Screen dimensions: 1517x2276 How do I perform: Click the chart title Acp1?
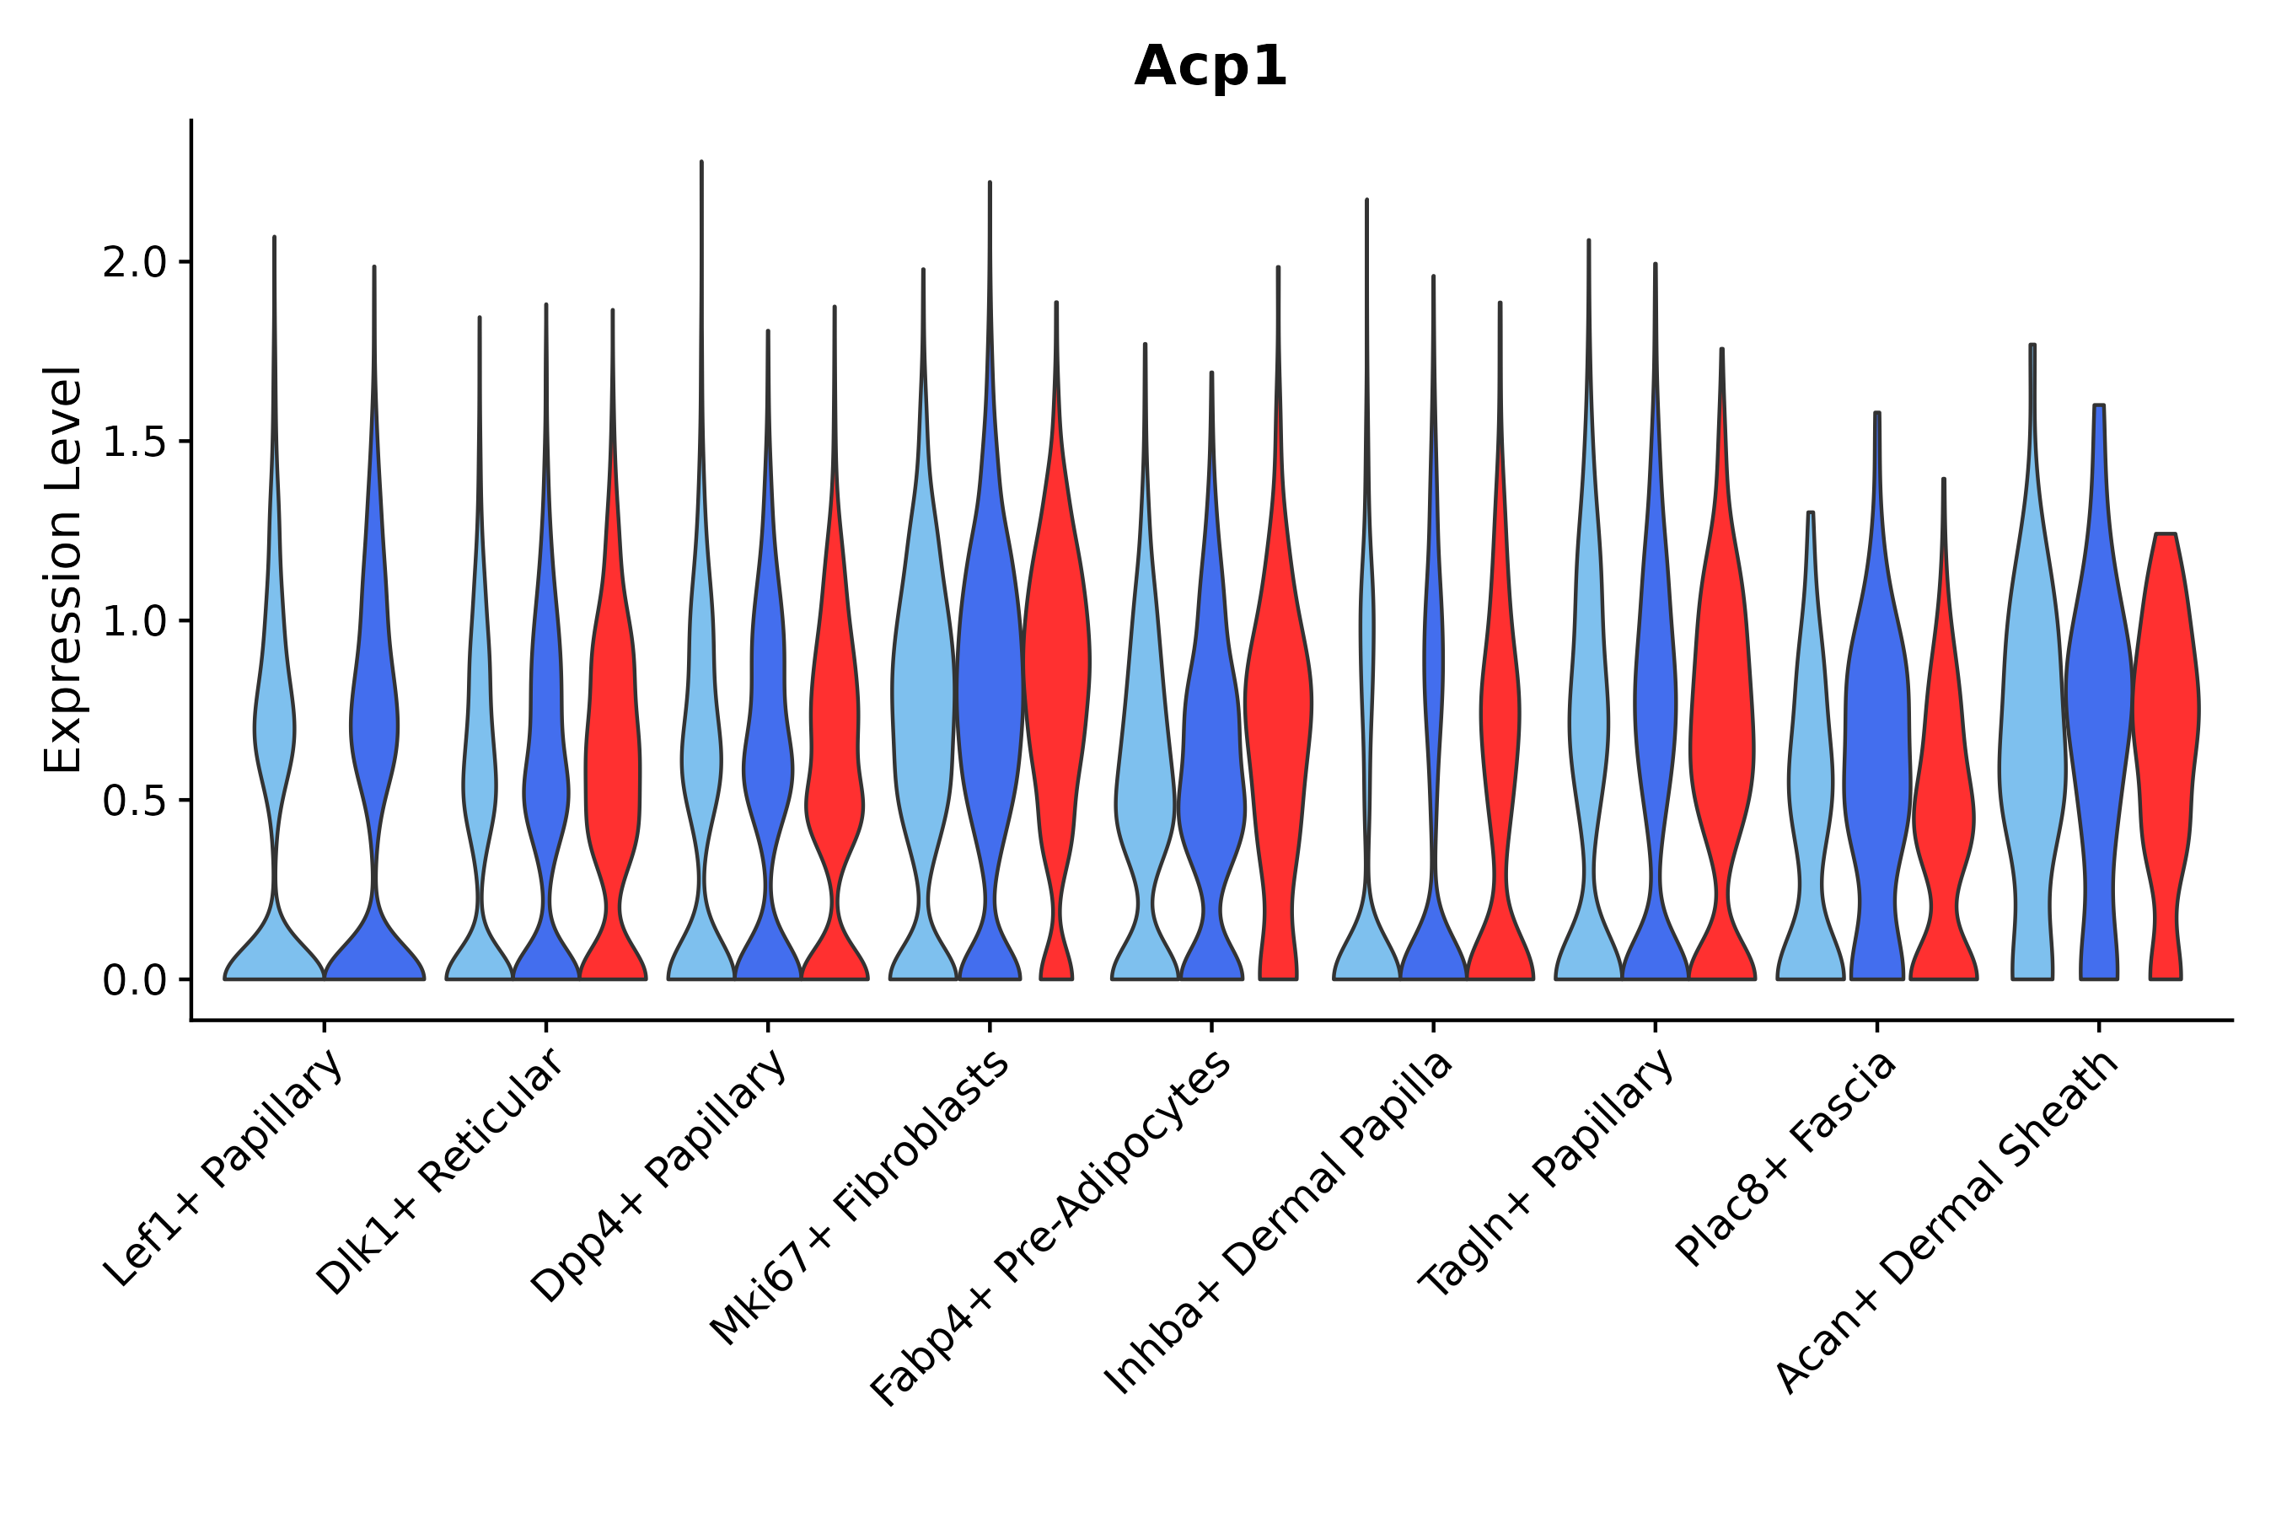tap(1210, 67)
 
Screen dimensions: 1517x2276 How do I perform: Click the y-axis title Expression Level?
tap(63, 570)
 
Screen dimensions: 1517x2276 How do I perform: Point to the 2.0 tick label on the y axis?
tap(135, 263)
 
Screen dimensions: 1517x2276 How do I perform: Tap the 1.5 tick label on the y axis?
tap(135, 442)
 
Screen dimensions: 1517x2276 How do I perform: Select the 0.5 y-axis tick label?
tap(135, 801)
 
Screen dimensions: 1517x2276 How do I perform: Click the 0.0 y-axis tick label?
tap(135, 981)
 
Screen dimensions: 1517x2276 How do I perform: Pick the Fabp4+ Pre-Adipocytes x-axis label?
tap(1051, 1229)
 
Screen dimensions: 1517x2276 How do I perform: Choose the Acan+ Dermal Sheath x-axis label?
tap(1947, 1223)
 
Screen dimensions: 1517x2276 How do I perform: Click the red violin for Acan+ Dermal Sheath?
tap(2165, 735)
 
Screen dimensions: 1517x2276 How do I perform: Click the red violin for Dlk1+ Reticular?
tap(612, 754)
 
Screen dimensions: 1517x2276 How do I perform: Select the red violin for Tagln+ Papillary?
tap(1721, 735)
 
